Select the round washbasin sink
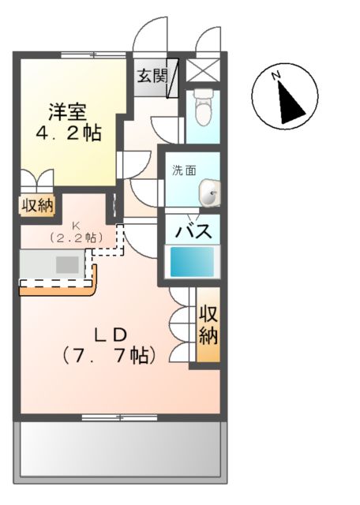209,192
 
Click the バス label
191,233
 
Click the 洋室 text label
70,111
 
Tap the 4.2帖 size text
70,133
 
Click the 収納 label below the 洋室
36,206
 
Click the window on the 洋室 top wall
93,54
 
